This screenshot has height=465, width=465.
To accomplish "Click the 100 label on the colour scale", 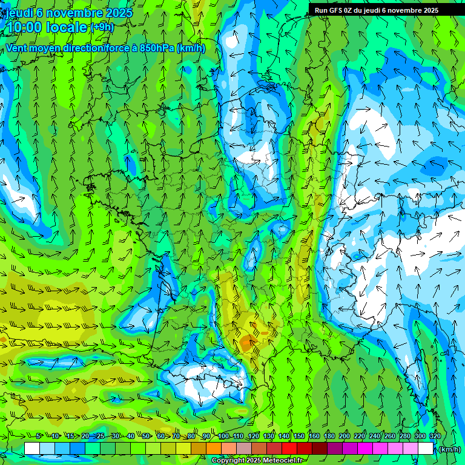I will (x=223, y=436).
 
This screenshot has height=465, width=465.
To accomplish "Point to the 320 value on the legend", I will (x=435, y=436).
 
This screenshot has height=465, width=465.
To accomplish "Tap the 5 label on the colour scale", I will (x=38, y=436).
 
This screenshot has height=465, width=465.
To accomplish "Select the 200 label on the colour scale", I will (x=345, y=436).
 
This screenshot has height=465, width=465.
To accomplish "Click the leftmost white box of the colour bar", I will (x=32, y=449).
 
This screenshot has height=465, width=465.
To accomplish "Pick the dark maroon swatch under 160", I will (x=320, y=449).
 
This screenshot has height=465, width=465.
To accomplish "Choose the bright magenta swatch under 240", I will (x=380, y=449).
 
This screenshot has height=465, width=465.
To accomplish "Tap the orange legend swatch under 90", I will (x=214, y=449).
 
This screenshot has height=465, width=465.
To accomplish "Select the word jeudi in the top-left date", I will (x=19, y=12).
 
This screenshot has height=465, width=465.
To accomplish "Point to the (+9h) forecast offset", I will (x=102, y=27).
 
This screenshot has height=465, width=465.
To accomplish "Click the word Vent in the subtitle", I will (x=18, y=48).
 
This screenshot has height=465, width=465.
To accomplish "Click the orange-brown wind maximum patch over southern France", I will (x=247, y=343).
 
